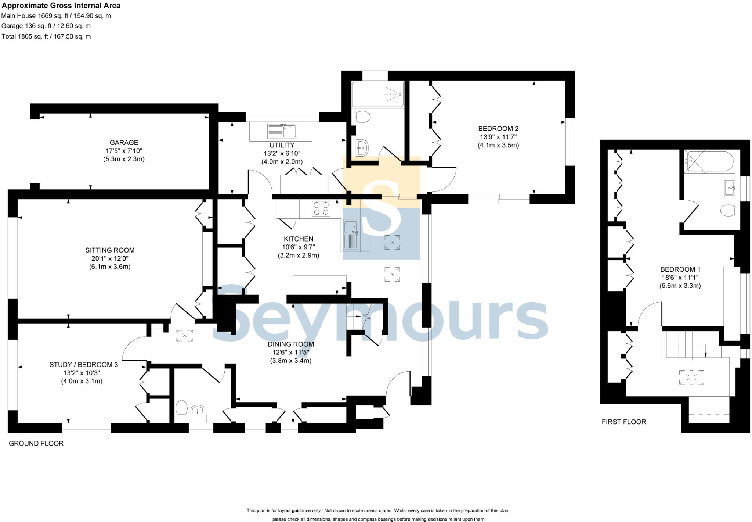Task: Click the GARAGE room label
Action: (124, 143)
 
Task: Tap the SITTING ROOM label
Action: (110, 250)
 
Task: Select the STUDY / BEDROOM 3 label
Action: (83, 365)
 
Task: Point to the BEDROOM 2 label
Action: (498, 129)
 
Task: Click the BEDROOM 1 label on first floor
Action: (680, 269)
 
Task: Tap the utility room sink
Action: (282, 131)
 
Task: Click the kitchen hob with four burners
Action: (321, 208)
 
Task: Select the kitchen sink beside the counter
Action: (351, 235)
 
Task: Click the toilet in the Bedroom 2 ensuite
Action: (363, 117)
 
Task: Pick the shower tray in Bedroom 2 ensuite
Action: (378, 94)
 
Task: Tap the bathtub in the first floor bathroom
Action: (709, 162)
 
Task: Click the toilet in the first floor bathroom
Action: (727, 211)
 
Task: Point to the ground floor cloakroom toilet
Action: (181, 408)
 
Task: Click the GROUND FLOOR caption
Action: (36, 443)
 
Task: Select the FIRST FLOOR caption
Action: (623, 422)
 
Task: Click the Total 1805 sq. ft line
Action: (46, 36)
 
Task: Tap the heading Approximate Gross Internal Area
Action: (61, 6)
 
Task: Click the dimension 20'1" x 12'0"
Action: (110, 258)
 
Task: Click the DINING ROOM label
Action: (290, 344)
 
